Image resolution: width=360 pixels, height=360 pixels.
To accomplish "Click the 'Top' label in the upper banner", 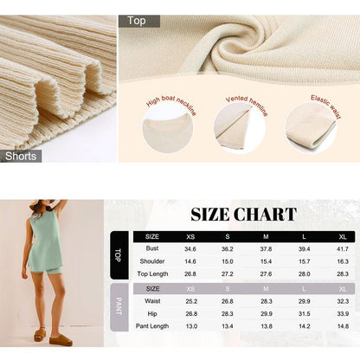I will coord(137,20).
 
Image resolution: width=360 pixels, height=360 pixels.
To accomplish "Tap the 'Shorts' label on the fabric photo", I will coord(20,156).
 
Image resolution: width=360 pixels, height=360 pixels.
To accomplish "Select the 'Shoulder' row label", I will coord(152,260).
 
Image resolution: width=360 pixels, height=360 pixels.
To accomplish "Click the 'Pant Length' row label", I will coord(152,326).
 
